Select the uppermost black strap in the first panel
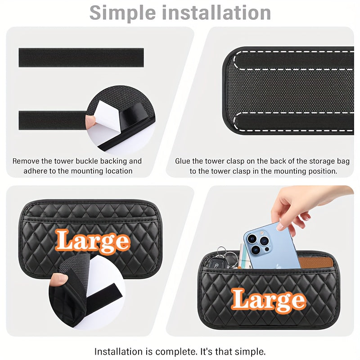(x=81, y=58)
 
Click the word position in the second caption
(x=321, y=171)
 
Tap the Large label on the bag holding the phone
(x=268, y=300)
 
